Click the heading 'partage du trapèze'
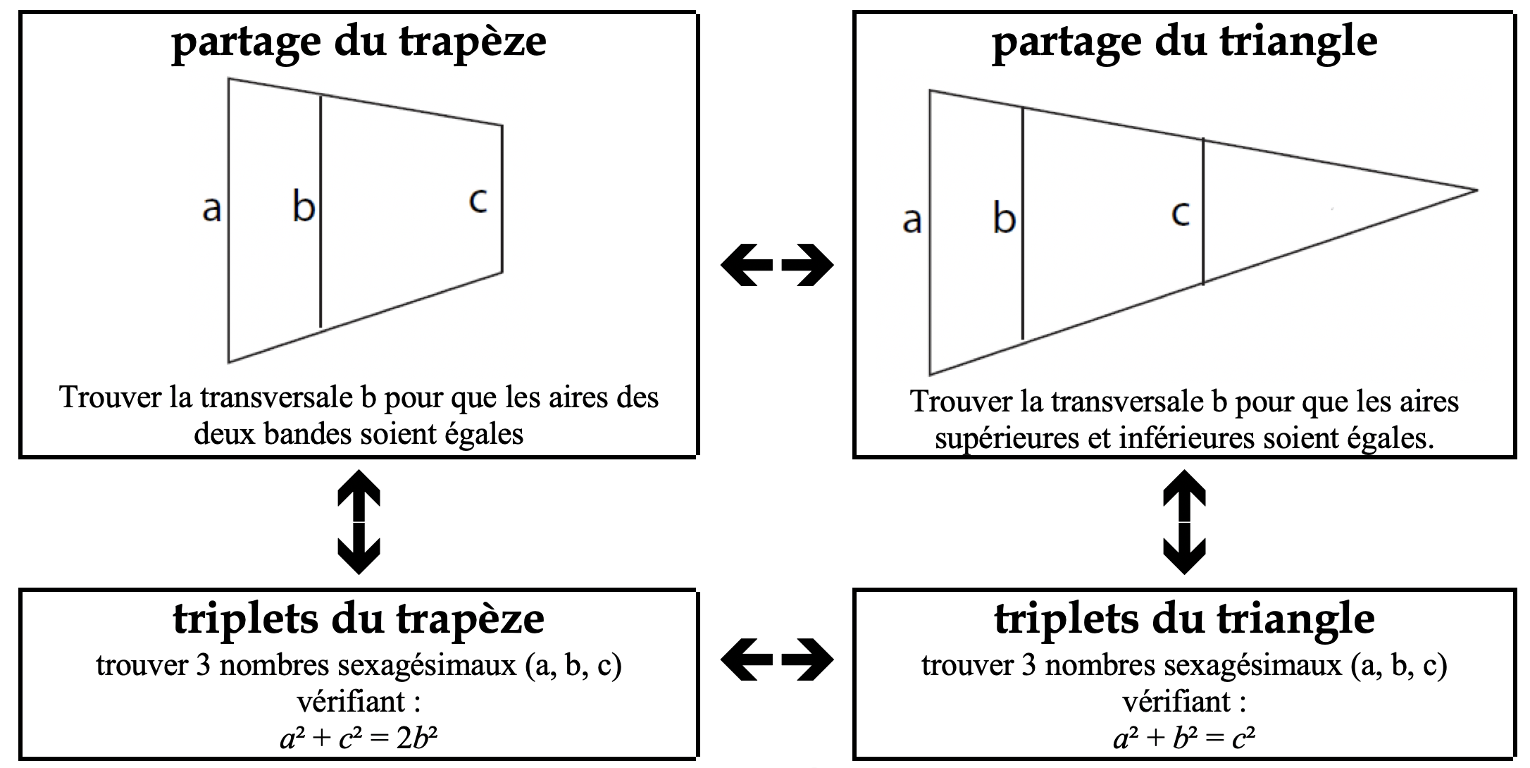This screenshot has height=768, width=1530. click(x=359, y=43)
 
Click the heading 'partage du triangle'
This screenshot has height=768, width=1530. click(x=1184, y=43)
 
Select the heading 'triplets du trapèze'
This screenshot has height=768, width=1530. click(x=359, y=620)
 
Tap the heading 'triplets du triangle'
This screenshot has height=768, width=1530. click(x=1184, y=620)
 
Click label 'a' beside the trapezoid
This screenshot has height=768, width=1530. click(x=211, y=209)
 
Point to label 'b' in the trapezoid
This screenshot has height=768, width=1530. click(x=304, y=207)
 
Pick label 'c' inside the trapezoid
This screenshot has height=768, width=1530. click(x=478, y=200)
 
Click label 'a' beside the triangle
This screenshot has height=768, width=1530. click(x=912, y=220)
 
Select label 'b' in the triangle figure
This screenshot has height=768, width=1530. click(x=1004, y=217)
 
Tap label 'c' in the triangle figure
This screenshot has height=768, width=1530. click(x=1181, y=213)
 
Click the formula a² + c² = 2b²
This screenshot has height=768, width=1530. click(x=359, y=738)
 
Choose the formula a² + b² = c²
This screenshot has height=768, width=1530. click(x=1184, y=738)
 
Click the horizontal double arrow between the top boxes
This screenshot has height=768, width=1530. click(x=777, y=266)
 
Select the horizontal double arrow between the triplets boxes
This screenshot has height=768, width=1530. click(x=777, y=660)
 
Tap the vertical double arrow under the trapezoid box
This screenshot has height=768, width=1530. click(x=359, y=521)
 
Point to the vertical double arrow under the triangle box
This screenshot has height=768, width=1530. click(x=1183, y=521)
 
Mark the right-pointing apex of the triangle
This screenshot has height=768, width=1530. click(x=1476, y=190)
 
